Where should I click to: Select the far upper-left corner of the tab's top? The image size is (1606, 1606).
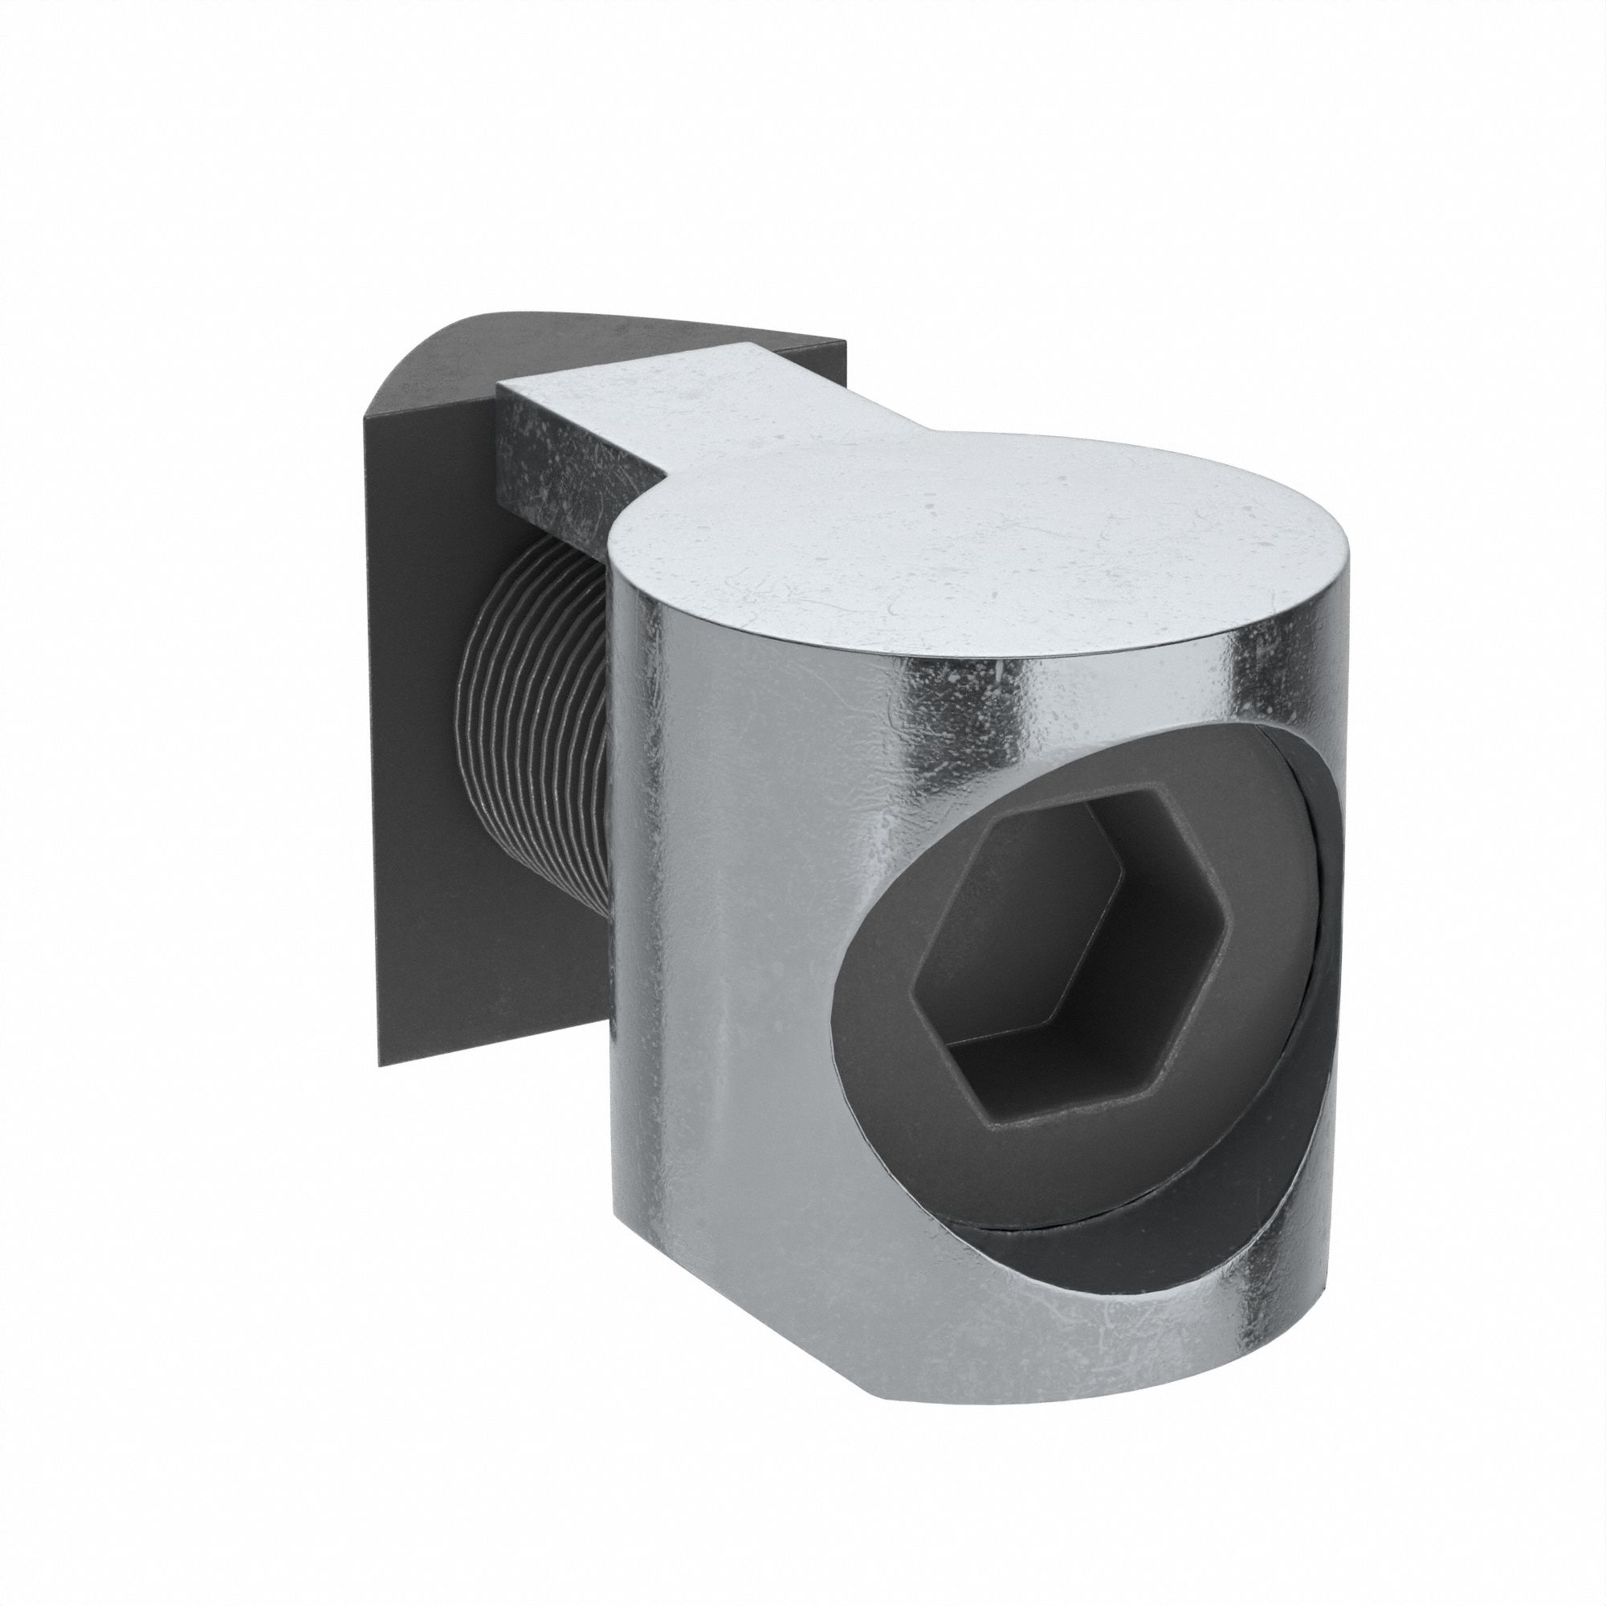click(x=499, y=385)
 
